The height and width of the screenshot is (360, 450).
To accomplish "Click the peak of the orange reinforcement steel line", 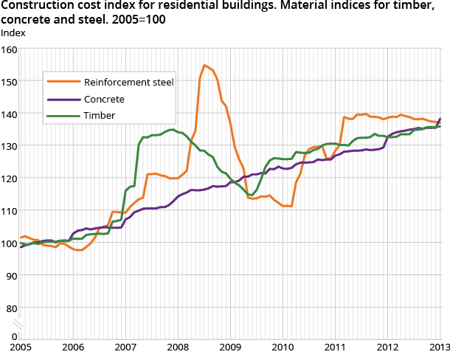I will point(204,66).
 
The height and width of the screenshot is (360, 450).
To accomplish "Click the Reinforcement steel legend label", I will point(128,82).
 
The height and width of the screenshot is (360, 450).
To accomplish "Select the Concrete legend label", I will point(104,99).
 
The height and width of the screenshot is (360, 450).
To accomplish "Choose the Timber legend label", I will point(100,116).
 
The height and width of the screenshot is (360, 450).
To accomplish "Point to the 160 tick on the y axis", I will point(9,49).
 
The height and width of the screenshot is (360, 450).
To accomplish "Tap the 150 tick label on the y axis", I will point(9,82).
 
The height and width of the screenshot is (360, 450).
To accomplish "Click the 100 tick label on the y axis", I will point(9,243).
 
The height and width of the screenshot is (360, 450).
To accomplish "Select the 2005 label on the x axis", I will point(21,347).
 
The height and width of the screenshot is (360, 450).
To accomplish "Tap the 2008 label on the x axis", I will point(178,347).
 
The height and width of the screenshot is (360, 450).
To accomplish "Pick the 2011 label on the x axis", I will point(335,347).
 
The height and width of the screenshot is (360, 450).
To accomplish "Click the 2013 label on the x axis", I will point(440,347).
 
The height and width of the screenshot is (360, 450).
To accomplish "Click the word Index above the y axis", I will point(12,33).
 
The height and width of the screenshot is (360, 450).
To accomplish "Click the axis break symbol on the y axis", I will point(21,324).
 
